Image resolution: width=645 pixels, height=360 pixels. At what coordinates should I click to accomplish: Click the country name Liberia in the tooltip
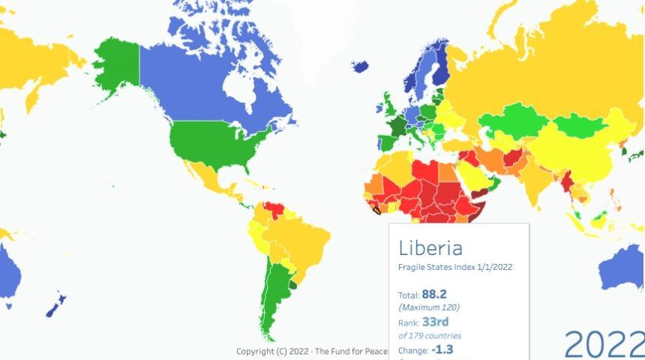(430, 248)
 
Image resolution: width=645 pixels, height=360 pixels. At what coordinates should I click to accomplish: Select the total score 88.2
(433, 295)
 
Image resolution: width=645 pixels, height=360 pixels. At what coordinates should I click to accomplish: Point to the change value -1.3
(442, 349)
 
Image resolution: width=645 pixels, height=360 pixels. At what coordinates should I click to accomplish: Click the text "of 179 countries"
(430, 336)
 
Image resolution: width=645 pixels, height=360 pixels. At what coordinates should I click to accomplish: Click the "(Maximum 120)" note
(429, 307)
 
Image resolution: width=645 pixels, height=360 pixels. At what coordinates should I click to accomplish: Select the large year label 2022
(603, 343)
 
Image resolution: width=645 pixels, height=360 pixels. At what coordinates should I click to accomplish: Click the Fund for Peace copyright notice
(311, 352)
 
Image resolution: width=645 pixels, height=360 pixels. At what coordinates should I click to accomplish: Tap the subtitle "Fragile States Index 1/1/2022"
(455, 267)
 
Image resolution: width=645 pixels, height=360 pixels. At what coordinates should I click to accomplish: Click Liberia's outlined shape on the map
(376, 210)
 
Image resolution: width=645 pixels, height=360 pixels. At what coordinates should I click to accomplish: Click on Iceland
(360, 66)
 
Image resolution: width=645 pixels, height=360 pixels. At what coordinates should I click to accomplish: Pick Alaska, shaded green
(116, 64)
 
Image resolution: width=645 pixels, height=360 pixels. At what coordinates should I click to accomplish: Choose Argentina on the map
(270, 300)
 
